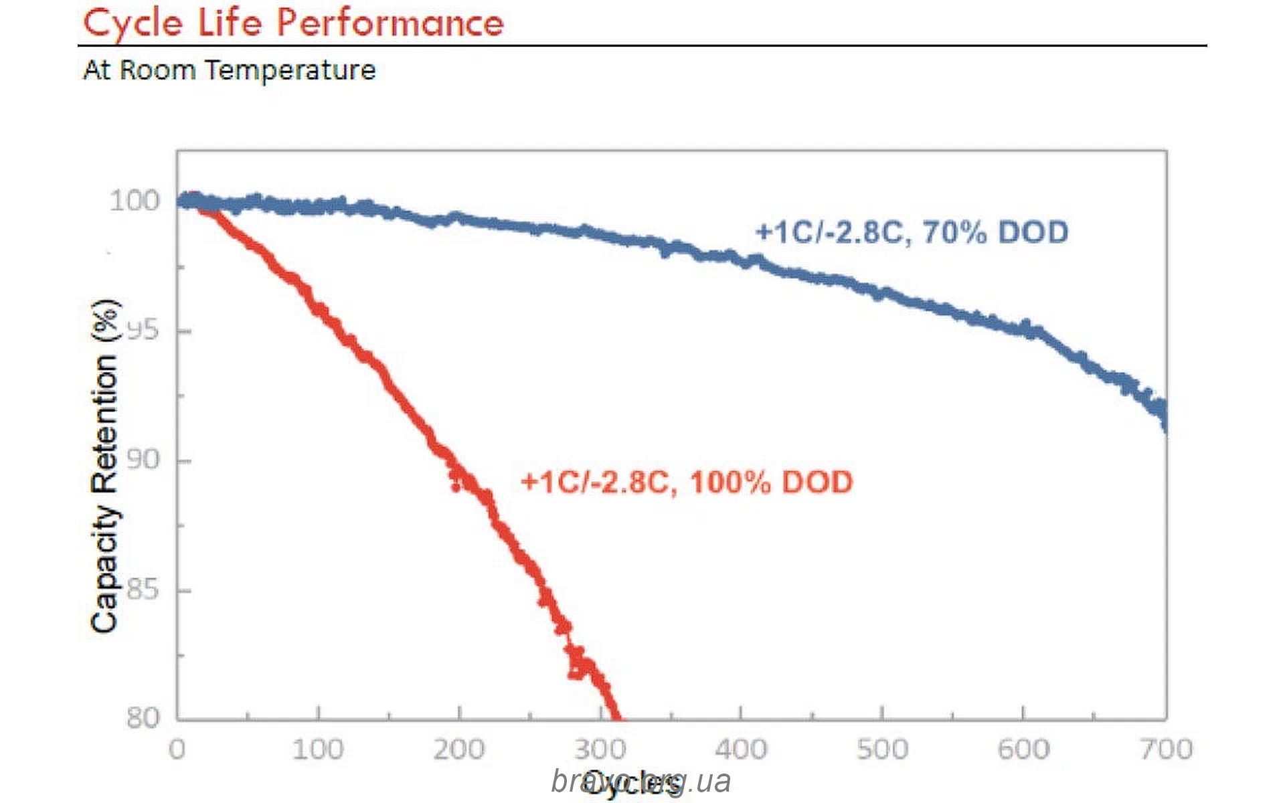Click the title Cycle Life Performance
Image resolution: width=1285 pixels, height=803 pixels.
(x=293, y=23)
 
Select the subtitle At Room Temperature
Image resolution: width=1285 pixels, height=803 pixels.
(x=230, y=70)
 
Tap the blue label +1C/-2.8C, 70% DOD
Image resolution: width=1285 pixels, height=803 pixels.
(x=912, y=232)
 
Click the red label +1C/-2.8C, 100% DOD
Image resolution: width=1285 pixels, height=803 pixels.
(x=687, y=482)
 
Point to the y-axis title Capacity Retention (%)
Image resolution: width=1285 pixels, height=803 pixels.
(x=106, y=466)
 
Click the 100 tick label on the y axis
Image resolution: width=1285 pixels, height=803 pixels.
(x=135, y=200)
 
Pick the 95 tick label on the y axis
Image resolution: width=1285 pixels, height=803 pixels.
(x=143, y=330)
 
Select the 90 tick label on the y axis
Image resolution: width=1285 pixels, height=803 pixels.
(x=143, y=460)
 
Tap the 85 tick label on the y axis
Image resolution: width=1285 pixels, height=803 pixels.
(x=143, y=590)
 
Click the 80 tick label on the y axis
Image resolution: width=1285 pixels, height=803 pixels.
(x=143, y=718)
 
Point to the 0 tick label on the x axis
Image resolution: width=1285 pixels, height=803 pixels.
(x=177, y=749)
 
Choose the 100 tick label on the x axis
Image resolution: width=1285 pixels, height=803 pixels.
(x=318, y=749)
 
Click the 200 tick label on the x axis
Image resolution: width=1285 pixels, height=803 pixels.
(x=459, y=749)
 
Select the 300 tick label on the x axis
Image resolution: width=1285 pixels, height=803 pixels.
(x=600, y=749)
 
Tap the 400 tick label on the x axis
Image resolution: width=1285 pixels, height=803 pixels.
(x=741, y=749)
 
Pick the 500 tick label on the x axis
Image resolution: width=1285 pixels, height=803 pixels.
(x=882, y=749)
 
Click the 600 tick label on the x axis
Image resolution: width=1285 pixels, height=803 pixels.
(x=1023, y=749)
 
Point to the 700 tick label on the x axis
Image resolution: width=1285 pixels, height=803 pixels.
(x=1166, y=749)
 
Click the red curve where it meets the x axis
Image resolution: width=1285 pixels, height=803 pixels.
(x=616, y=717)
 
